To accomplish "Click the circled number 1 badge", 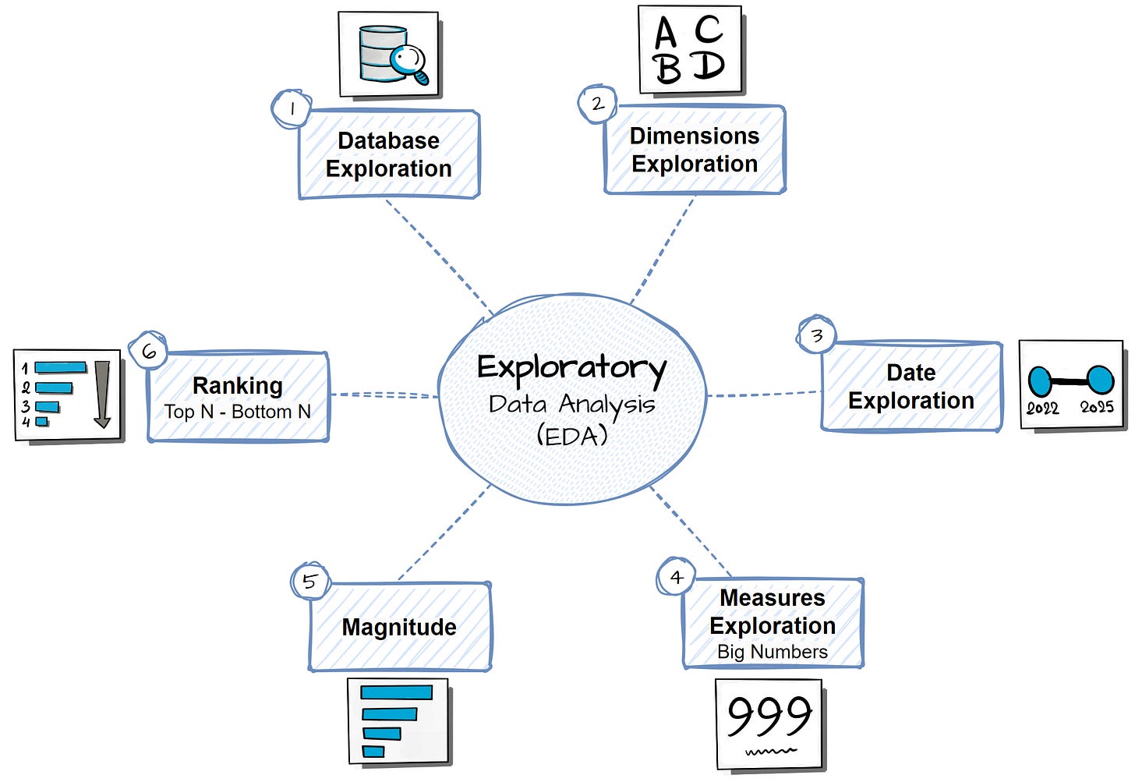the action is click(292, 109).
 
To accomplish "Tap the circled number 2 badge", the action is click(597, 104).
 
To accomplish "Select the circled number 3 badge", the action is click(816, 336).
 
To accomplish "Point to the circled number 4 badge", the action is click(676, 577).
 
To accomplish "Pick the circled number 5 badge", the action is click(309, 582).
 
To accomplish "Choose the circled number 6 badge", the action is click(148, 352).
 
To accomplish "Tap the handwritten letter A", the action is click(665, 34).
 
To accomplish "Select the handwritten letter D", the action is click(709, 65).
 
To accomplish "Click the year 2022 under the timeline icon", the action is click(1042, 408).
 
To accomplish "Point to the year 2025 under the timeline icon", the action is click(1096, 407).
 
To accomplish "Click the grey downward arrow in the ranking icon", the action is click(102, 394).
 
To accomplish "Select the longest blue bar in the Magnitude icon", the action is click(396, 692).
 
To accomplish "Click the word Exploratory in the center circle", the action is click(571, 367).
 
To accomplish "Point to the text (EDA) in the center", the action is click(571, 435).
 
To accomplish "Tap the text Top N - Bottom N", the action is click(237, 412).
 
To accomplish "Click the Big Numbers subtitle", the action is click(772, 652).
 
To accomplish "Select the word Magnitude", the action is click(399, 627).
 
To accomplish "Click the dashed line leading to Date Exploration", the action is click(764, 395).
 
